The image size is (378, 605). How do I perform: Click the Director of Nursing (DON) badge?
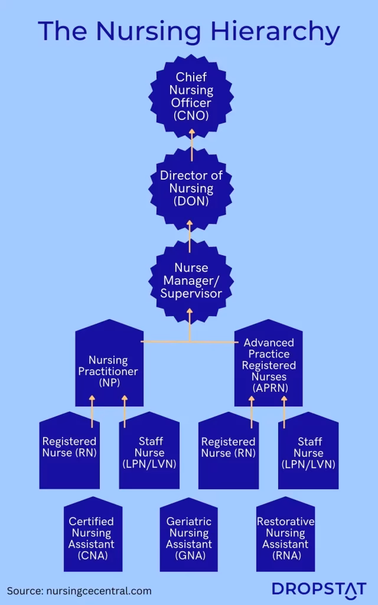click(x=190, y=188)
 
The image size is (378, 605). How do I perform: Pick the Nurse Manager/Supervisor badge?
click(x=190, y=281)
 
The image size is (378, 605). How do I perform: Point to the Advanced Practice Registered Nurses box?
click(x=269, y=365)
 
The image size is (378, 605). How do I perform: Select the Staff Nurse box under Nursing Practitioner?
click(x=149, y=452)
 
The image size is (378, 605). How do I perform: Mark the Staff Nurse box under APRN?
click(x=308, y=452)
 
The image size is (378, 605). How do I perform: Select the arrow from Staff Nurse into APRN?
click(x=284, y=411)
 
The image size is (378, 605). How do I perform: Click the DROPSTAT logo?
click(x=319, y=589)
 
